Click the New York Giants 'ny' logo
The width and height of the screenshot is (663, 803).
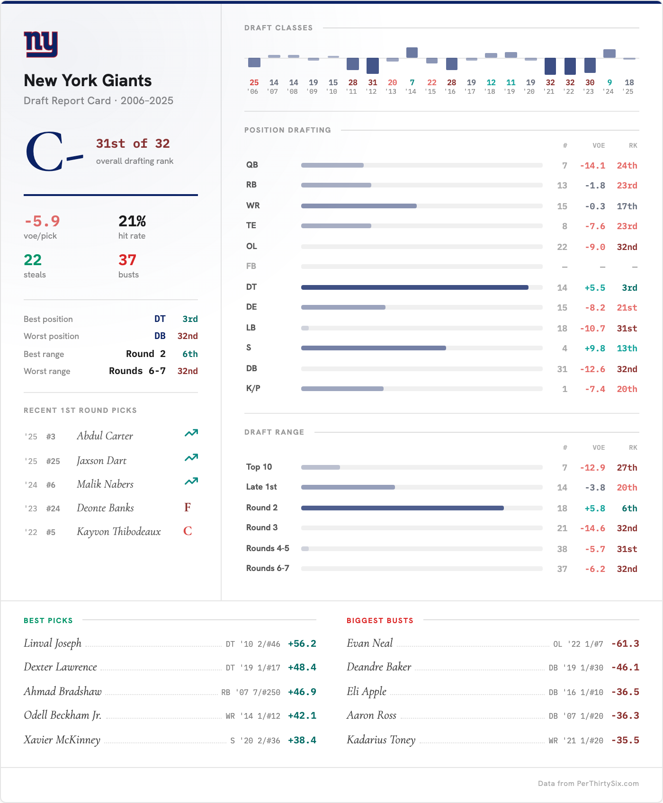41,45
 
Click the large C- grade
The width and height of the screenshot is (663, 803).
54,152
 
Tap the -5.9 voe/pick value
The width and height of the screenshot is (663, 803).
42,221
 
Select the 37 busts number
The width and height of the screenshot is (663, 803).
127,260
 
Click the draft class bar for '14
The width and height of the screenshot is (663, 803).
412,53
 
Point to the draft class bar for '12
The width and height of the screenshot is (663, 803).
373,65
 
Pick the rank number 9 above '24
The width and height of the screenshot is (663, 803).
609,82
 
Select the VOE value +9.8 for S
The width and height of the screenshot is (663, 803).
595,348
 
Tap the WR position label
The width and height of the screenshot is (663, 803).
253,205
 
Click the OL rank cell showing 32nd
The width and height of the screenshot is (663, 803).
627,247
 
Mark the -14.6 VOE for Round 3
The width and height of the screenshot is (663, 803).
592,528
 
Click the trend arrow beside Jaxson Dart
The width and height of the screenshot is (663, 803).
191,458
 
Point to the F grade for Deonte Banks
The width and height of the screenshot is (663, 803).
188,508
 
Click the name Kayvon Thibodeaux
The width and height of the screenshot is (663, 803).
119,532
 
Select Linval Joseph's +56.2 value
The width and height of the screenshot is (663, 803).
302,644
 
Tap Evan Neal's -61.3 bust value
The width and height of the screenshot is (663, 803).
625,644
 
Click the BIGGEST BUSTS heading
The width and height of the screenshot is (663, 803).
380,621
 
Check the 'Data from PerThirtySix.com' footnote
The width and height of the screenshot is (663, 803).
588,784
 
